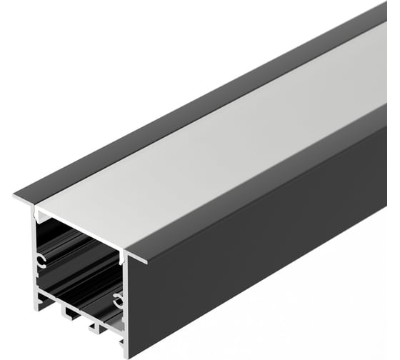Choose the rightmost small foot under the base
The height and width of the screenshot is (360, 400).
(94, 327)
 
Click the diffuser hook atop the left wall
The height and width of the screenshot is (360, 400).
(40, 214)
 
